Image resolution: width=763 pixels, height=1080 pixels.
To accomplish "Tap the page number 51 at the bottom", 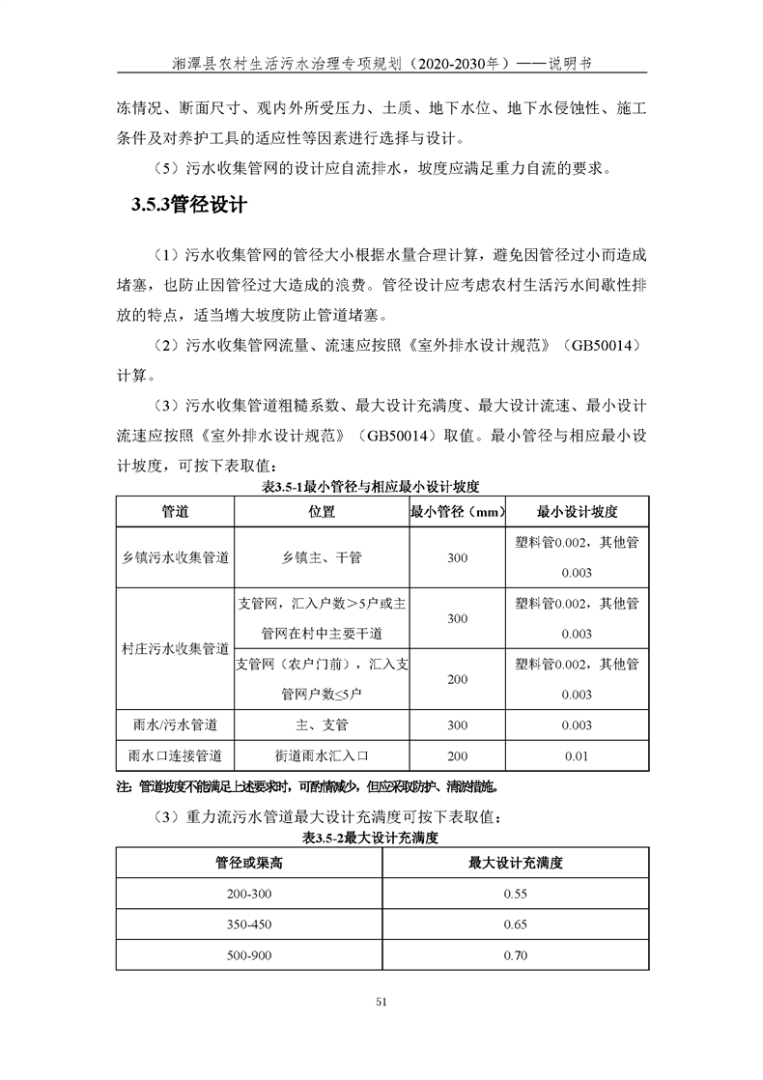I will point(381,1002).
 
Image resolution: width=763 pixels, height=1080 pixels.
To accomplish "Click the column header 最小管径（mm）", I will point(459,510).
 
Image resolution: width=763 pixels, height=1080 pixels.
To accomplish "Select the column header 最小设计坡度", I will point(577,510).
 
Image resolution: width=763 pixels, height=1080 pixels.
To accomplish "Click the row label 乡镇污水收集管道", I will point(175,557).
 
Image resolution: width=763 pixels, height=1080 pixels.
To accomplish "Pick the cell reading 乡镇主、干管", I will point(322,557).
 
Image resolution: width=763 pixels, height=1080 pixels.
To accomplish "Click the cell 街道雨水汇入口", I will point(322,755).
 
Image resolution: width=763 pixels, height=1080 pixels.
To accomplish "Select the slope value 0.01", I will point(577,755).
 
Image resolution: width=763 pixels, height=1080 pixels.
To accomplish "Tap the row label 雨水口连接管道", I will point(175,755).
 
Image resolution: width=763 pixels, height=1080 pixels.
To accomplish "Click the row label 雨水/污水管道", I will point(175,724).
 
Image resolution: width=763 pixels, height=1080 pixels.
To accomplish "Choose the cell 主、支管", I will point(322,724).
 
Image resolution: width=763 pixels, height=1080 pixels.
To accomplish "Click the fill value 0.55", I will point(516,894).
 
